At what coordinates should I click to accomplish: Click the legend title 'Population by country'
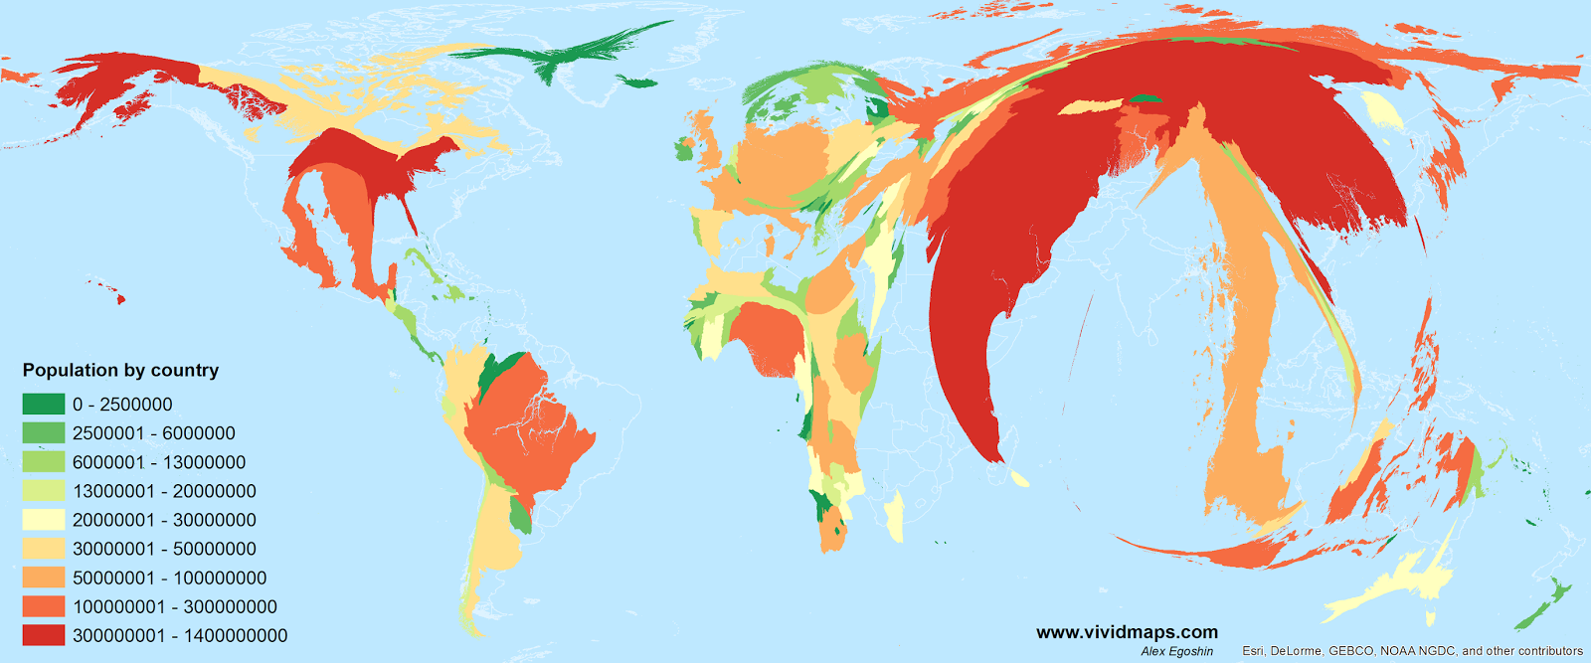pos(120,371)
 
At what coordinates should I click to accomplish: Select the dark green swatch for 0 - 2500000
pos(43,405)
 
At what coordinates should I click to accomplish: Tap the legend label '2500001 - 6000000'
pos(153,433)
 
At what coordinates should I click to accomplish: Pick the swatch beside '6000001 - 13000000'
pos(43,462)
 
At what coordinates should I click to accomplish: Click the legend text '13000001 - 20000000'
pos(164,491)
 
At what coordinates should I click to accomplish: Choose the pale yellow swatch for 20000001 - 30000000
pos(43,520)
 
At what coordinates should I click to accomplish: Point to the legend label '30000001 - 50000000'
pos(164,549)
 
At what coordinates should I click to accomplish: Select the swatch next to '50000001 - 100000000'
pos(43,578)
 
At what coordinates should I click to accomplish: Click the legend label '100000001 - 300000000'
pos(174,606)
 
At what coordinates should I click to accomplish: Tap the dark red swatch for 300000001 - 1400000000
pos(43,635)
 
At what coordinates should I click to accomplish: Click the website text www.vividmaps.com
pos(1127,632)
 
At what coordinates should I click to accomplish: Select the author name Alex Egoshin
pos(1176,652)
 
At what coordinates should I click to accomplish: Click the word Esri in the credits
pos(1255,652)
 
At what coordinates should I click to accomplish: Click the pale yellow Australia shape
pos(1392,586)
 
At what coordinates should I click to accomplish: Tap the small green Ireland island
pos(683,151)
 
